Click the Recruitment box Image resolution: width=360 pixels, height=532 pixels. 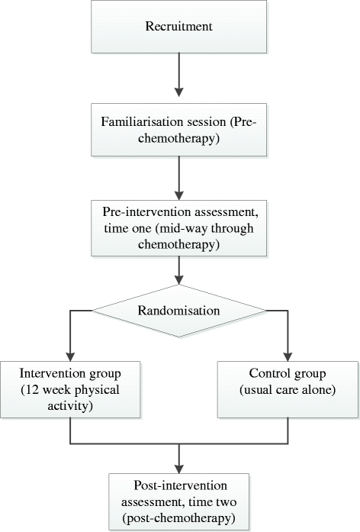(x=179, y=29)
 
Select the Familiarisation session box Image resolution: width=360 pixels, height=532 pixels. (x=179, y=127)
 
